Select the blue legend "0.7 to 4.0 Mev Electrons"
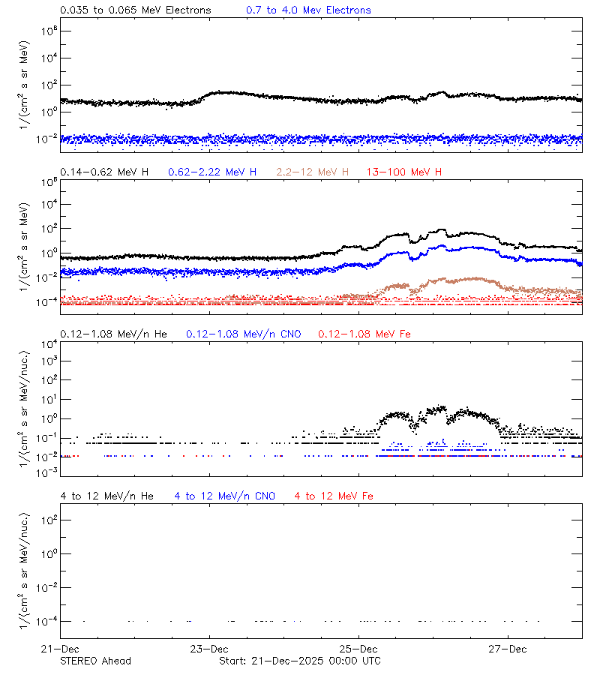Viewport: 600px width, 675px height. tap(308, 10)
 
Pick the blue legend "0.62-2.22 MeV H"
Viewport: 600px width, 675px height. tap(212, 172)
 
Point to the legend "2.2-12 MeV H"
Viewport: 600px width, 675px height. tap(313, 172)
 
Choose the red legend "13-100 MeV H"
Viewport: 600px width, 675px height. tap(403, 172)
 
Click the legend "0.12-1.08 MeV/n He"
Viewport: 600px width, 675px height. tap(113, 334)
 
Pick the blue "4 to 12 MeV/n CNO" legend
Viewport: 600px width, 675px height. tap(224, 496)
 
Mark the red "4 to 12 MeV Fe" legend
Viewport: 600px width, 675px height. tap(334, 496)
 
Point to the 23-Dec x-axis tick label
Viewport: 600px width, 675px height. tap(208, 649)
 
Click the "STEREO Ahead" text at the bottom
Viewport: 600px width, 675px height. tap(95, 661)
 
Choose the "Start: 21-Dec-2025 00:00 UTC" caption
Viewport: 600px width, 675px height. tap(299, 661)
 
